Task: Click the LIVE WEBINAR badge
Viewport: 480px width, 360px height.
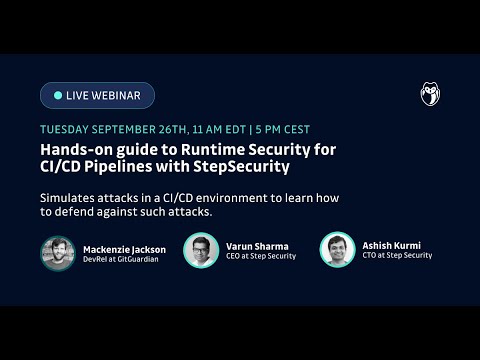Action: point(97,95)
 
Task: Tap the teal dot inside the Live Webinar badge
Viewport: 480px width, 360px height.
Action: point(57,95)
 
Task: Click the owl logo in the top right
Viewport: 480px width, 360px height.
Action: point(430,95)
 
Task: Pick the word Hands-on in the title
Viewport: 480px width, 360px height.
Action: point(76,148)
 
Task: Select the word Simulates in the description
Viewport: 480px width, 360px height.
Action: point(67,196)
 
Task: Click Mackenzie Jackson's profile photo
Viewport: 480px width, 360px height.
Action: point(57,251)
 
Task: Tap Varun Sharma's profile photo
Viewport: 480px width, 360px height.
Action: point(201,250)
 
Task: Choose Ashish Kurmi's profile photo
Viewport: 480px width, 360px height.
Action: point(337,250)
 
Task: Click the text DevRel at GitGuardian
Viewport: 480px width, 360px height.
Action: point(120,257)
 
